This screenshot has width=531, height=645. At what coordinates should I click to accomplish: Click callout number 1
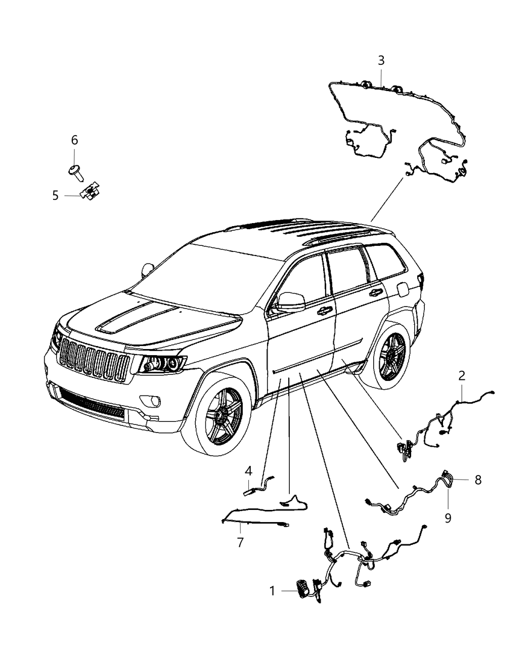272,591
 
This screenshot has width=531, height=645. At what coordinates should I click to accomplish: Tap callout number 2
461,376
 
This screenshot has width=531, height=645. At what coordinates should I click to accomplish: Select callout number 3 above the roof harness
381,61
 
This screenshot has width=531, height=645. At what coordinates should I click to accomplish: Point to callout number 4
248,471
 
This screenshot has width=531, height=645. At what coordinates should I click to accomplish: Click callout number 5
56,195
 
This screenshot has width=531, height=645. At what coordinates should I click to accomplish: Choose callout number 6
74,140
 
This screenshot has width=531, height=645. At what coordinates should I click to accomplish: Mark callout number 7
240,542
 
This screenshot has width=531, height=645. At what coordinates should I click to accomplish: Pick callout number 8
478,480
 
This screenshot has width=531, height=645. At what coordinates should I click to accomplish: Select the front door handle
325,310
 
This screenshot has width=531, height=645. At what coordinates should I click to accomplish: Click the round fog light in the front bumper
151,402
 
